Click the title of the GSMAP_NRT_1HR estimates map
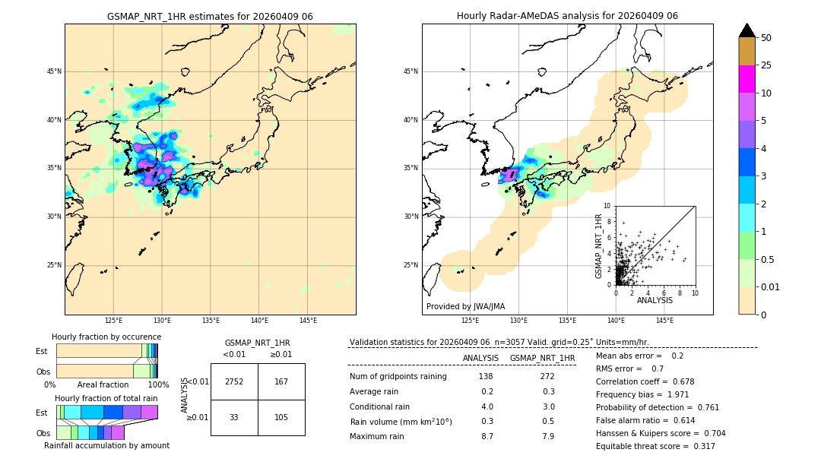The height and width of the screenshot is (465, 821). click(x=210, y=16)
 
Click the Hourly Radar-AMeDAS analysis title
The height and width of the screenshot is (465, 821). click(x=567, y=16)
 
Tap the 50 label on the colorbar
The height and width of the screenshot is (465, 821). click(x=766, y=38)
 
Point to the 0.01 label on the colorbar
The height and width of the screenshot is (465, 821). click(x=771, y=286)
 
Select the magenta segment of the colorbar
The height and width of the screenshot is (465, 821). click(x=747, y=79)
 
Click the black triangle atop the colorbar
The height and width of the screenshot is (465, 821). click(x=747, y=30)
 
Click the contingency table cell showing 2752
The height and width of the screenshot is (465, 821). click(x=234, y=381)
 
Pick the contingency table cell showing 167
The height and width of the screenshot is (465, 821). click(x=281, y=381)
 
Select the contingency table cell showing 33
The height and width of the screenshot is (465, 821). click(x=234, y=417)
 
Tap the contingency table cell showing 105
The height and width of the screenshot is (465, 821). click(x=281, y=417)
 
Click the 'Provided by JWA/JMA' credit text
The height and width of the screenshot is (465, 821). click(x=465, y=306)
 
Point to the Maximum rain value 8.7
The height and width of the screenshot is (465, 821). click(x=487, y=436)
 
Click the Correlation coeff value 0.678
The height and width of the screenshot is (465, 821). click(x=699, y=381)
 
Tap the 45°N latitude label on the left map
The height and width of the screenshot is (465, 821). click(x=54, y=71)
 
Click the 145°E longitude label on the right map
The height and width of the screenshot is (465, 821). click(x=664, y=321)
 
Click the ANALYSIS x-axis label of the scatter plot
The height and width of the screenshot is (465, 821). click(x=655, y=300)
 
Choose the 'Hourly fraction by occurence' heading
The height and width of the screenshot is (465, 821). click(x=106, y=337)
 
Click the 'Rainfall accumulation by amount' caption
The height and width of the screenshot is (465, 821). click(x=106, y=445)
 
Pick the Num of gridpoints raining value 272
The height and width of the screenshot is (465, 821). click(x=547, y=376)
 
